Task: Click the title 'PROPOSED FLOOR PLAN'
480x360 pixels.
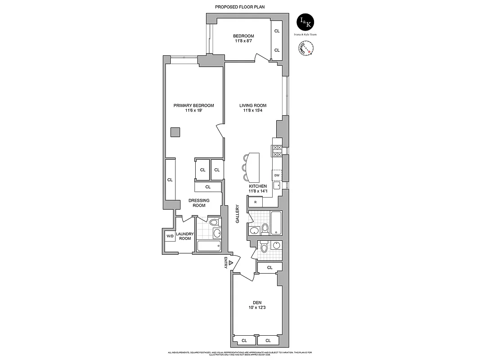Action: point(239,7)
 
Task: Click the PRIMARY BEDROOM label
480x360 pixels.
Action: point(193,105)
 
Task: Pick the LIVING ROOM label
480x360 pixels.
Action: point(252,105)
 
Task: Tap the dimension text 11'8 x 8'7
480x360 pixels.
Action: point(243,41)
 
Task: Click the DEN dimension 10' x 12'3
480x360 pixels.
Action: point(257,308)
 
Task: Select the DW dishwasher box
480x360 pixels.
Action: point(277,175)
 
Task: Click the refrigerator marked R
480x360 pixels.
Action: point(256,202)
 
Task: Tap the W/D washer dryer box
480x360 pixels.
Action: point(170,236)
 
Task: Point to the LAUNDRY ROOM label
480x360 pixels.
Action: point(185,236)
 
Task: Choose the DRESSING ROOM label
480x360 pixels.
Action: point(199,203)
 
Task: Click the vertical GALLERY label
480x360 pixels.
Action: point(237,214)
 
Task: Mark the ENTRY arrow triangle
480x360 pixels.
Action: point(231,263)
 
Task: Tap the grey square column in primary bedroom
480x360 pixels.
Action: point(175,132)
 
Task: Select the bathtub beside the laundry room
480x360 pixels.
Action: point(209,246)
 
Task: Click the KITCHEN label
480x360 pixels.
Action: point(258,186)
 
